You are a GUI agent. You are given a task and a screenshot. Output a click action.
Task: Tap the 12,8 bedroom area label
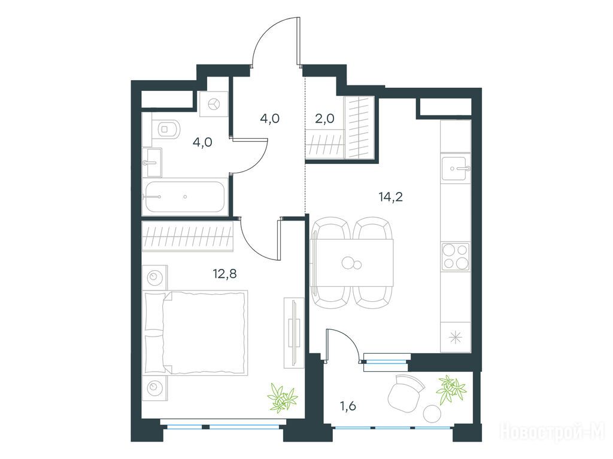point(225,274)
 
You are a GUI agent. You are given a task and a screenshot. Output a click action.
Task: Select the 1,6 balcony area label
point(348,406)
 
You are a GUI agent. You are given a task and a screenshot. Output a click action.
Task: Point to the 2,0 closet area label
point(325,118)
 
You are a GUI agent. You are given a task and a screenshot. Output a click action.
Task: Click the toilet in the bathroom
point(166,128)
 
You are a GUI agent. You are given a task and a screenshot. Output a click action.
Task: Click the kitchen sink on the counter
point(456,169)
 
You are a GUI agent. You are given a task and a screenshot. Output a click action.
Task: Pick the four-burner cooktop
point(456,256)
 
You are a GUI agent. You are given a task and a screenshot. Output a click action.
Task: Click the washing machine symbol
point(214,104)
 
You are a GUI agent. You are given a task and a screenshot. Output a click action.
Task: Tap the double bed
point(196,333)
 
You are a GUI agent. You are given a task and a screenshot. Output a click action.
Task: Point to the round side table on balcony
point(432,413)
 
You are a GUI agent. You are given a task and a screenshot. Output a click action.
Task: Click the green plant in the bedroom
point(283,398)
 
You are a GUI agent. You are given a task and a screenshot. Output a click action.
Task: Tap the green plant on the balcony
point(451,389)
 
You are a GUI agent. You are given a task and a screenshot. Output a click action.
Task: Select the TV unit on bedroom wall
point(294,332)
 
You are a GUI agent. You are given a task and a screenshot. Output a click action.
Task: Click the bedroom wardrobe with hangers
point(187,235)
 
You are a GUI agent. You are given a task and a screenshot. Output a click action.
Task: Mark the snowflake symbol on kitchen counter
point(456,337)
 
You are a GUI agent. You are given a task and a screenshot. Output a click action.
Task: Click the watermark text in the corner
point(553,432)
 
